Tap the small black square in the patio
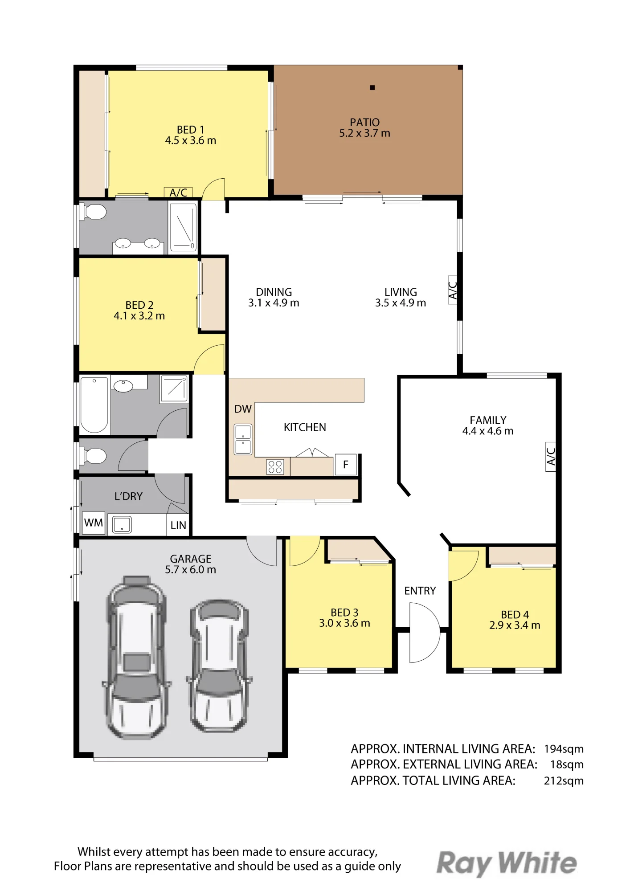click(372, 88)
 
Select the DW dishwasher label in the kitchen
click(243, 409)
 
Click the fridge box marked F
click(346, 465)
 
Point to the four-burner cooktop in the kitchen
click(275, 467)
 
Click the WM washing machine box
click(94, 523)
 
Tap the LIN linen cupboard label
click(178, 525)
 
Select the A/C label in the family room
click(551, 457)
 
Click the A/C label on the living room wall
click(452, 290)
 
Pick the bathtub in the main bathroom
click(94, 405)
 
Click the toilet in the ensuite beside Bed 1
click(93, 212)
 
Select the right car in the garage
click(219, 665)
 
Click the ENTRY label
click(420, 591)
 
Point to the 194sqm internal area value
click(564, 749)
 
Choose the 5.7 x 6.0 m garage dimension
click(191, 569)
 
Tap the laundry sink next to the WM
click(122, 524)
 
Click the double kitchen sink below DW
click(243, 439)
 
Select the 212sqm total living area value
click(564, 781)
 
